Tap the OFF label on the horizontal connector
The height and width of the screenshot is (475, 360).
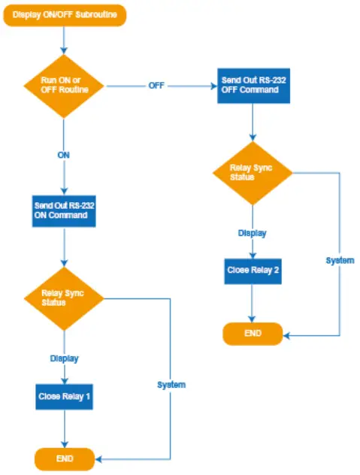[x=156, y=86]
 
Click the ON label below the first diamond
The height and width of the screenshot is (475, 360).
[x=64, y=156]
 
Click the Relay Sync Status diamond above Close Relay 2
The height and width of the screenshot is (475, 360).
[x=252, y=172]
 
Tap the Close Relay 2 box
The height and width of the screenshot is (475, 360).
[x=253, y=271]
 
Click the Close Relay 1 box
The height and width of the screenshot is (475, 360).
[x=64, y=396]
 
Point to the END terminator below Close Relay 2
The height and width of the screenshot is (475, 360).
[x=253, y=333]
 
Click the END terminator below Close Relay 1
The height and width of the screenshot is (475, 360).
[x=65, y=458]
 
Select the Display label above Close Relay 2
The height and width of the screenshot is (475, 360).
[x=253, y=233]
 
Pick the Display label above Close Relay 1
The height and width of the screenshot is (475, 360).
[x=64, y=359]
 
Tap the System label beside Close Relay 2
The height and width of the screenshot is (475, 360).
[x=340, y=260]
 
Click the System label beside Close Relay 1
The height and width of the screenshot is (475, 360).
[x=171, y=385]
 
